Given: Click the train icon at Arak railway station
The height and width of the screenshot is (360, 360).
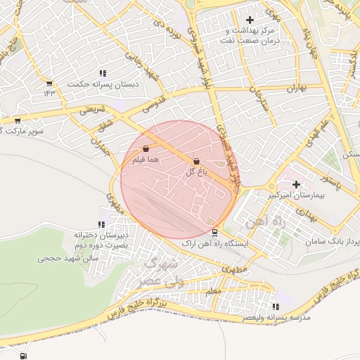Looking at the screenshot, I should pos(215,233).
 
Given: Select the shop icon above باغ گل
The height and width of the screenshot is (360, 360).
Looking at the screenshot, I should pos(195,161).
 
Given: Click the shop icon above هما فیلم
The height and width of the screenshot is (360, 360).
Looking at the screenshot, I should pos(146,149).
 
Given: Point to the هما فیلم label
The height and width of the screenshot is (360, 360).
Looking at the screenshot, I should pos(146,160).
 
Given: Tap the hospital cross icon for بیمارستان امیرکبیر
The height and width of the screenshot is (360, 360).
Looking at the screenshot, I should pos(296,184).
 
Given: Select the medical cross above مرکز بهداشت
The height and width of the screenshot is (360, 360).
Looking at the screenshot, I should pos(250,20).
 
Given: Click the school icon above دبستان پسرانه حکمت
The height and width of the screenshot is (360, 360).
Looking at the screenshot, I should pos(103,73).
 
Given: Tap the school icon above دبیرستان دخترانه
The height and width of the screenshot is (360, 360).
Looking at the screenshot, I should pos(103,224).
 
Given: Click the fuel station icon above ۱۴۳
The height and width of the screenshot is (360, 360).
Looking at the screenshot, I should pos(49,82).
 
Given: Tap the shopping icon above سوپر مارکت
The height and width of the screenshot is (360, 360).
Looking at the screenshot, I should pos(17,120).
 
